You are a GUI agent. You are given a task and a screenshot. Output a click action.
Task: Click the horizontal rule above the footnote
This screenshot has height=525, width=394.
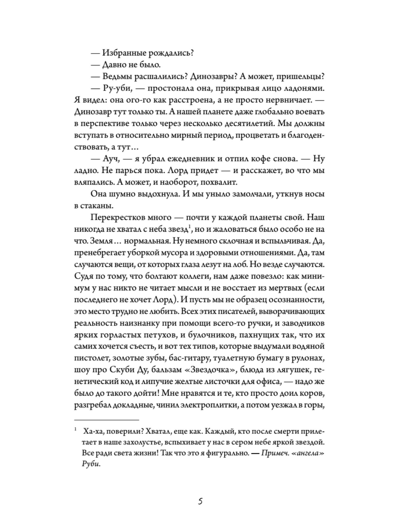107,420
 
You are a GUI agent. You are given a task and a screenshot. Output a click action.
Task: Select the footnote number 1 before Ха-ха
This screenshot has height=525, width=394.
76,429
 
